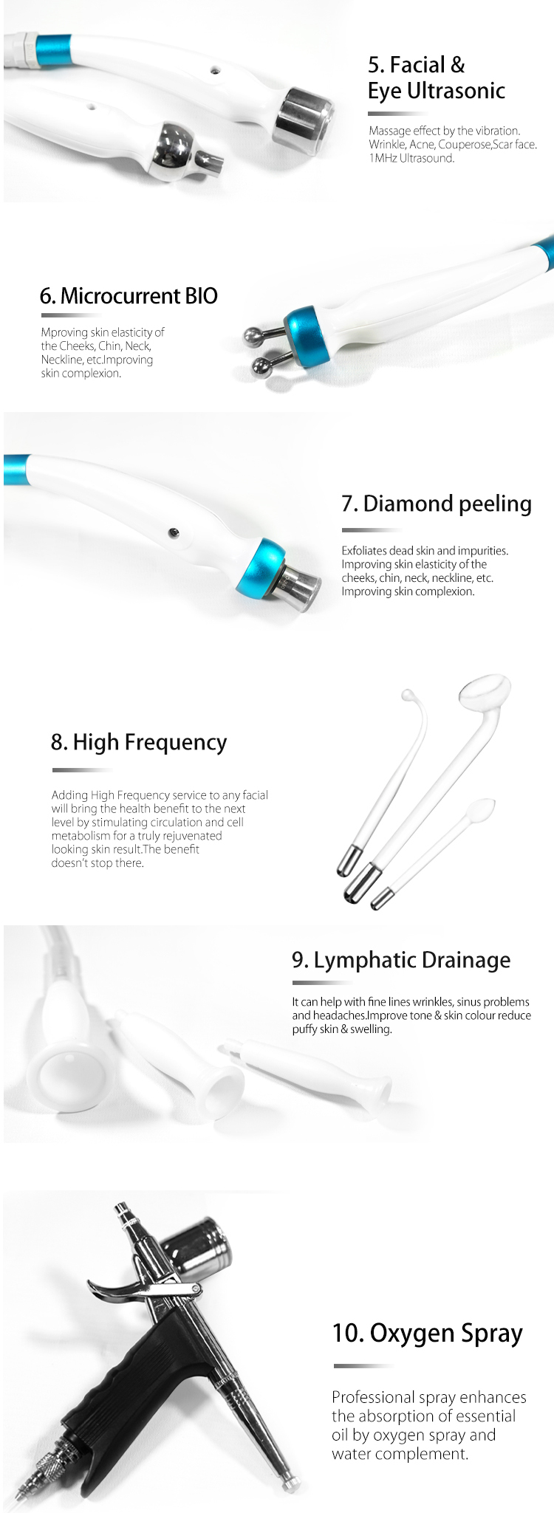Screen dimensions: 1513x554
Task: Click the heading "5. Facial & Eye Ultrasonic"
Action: point(436,78)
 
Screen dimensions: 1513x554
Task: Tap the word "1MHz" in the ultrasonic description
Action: point(383,158)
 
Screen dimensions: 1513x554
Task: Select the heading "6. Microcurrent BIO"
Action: point(129,296)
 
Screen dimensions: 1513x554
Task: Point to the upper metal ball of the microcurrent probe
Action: point(255,337)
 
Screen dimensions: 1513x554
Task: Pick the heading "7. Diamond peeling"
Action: point(436,504)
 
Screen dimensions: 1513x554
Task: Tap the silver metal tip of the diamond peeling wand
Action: point(301,588)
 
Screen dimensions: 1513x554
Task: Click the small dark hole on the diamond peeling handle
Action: point(172,532)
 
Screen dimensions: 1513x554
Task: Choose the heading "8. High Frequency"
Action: point(139,742)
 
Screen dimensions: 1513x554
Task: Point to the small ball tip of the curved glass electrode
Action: point(407,695)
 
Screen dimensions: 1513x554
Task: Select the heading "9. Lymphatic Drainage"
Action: point(401,960)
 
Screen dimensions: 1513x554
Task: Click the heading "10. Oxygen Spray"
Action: point(427,1333)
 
